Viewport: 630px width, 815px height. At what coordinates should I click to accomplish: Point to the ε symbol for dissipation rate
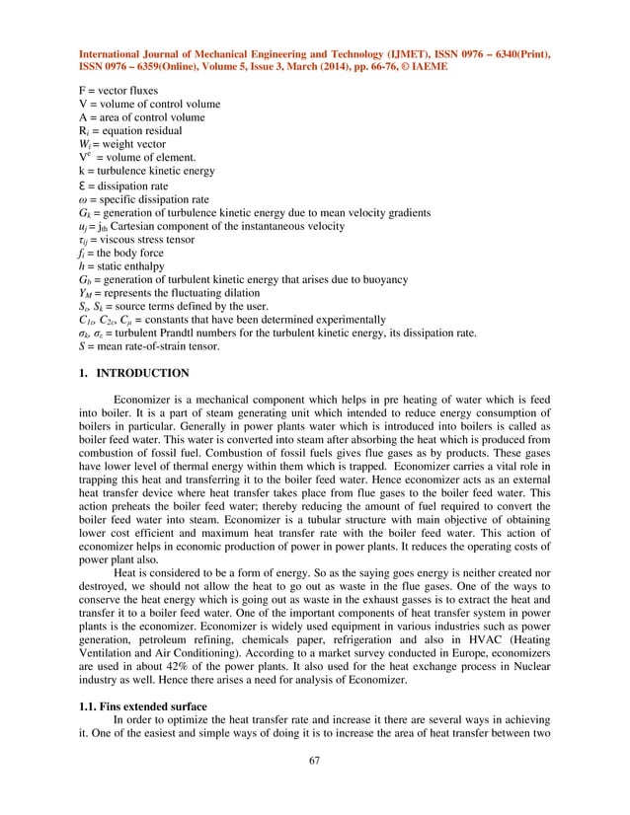(x=82, y=185)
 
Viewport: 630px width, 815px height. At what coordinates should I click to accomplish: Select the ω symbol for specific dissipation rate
(x=82, y=198)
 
